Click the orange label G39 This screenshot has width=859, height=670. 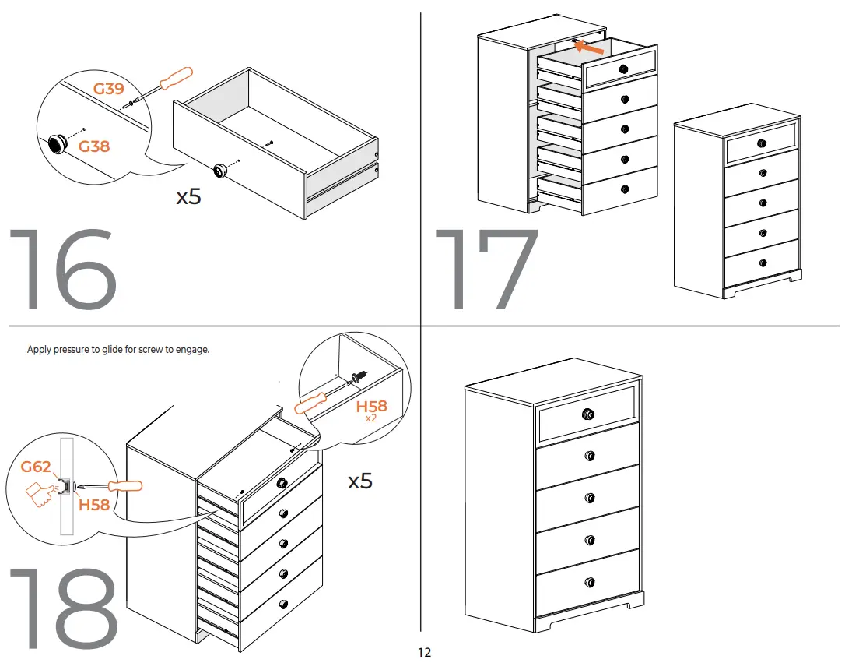click(109, 89)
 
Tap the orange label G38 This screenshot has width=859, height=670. click(94, 146)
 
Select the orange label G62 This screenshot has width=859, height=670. click(36, 467)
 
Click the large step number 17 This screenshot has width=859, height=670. click(487, 270)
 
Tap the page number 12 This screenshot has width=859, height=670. click(424, 653)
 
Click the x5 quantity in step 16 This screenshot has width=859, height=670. click(188, 196)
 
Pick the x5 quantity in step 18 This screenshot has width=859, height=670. click(359, 481)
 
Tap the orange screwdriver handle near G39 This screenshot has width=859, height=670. click(174, 77)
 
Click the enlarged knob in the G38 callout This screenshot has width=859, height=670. click(58, 143)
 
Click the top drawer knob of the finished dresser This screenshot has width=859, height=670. click(588, 414)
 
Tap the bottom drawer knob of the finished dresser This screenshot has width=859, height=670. click(589, 582)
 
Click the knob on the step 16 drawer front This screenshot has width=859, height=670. click(220, 169)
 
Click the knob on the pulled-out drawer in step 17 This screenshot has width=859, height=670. click(622, 69)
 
